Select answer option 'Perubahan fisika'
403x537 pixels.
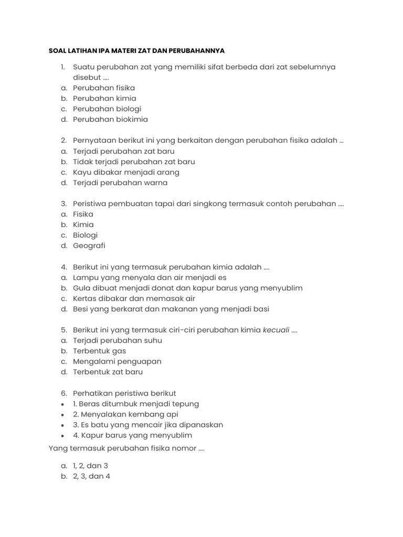[104, 88]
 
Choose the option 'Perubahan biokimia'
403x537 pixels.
[110, 120]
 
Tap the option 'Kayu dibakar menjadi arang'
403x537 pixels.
[126, 172]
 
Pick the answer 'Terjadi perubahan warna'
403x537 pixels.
[120, 183]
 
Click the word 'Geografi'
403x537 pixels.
[89, 246]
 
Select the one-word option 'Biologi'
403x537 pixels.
[86, 235]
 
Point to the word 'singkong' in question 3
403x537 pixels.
[210, 204]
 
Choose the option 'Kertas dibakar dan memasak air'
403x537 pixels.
[134, 298]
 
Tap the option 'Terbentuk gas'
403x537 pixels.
[100, 351]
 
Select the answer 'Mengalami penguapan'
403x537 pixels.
[117, 361]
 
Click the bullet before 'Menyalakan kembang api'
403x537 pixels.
[63, 415]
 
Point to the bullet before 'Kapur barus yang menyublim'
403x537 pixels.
[63, 436]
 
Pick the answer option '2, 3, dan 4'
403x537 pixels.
[92, 476]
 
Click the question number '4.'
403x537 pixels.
[63, 267]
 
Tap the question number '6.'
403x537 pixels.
[63, 393]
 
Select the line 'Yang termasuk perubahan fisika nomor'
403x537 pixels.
[126, 448]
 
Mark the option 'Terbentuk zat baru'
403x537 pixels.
[108, 372]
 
